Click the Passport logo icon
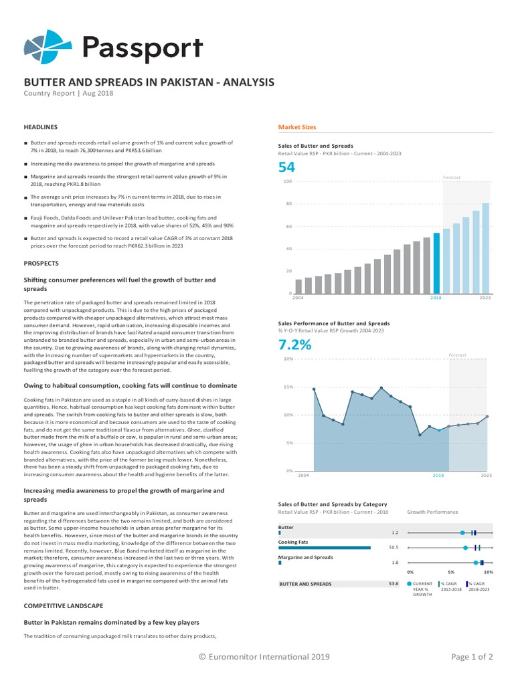pos(48,46)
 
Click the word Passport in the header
pos(143,48)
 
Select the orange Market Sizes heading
pos(296,127)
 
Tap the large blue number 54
pos(286,167)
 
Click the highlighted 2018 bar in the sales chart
pos(436,263)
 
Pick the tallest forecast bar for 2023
pos(485,248)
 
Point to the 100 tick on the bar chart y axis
pos(288,181)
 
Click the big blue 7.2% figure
pos(294,345)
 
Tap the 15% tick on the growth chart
pos(288,387)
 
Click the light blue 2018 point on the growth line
pos(439,430)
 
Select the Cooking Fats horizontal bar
pos(325,547)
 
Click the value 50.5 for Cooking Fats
pos(394,547)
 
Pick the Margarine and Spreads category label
pos(305,557)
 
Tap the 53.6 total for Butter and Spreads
pos(394,583)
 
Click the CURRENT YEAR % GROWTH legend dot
pos(409,583)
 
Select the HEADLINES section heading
pos(41,127)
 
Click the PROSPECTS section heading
pos(41,264)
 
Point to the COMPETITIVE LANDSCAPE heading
pos(64,606)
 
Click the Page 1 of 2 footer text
pos(472,657)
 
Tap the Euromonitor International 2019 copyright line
pos(264,657)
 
